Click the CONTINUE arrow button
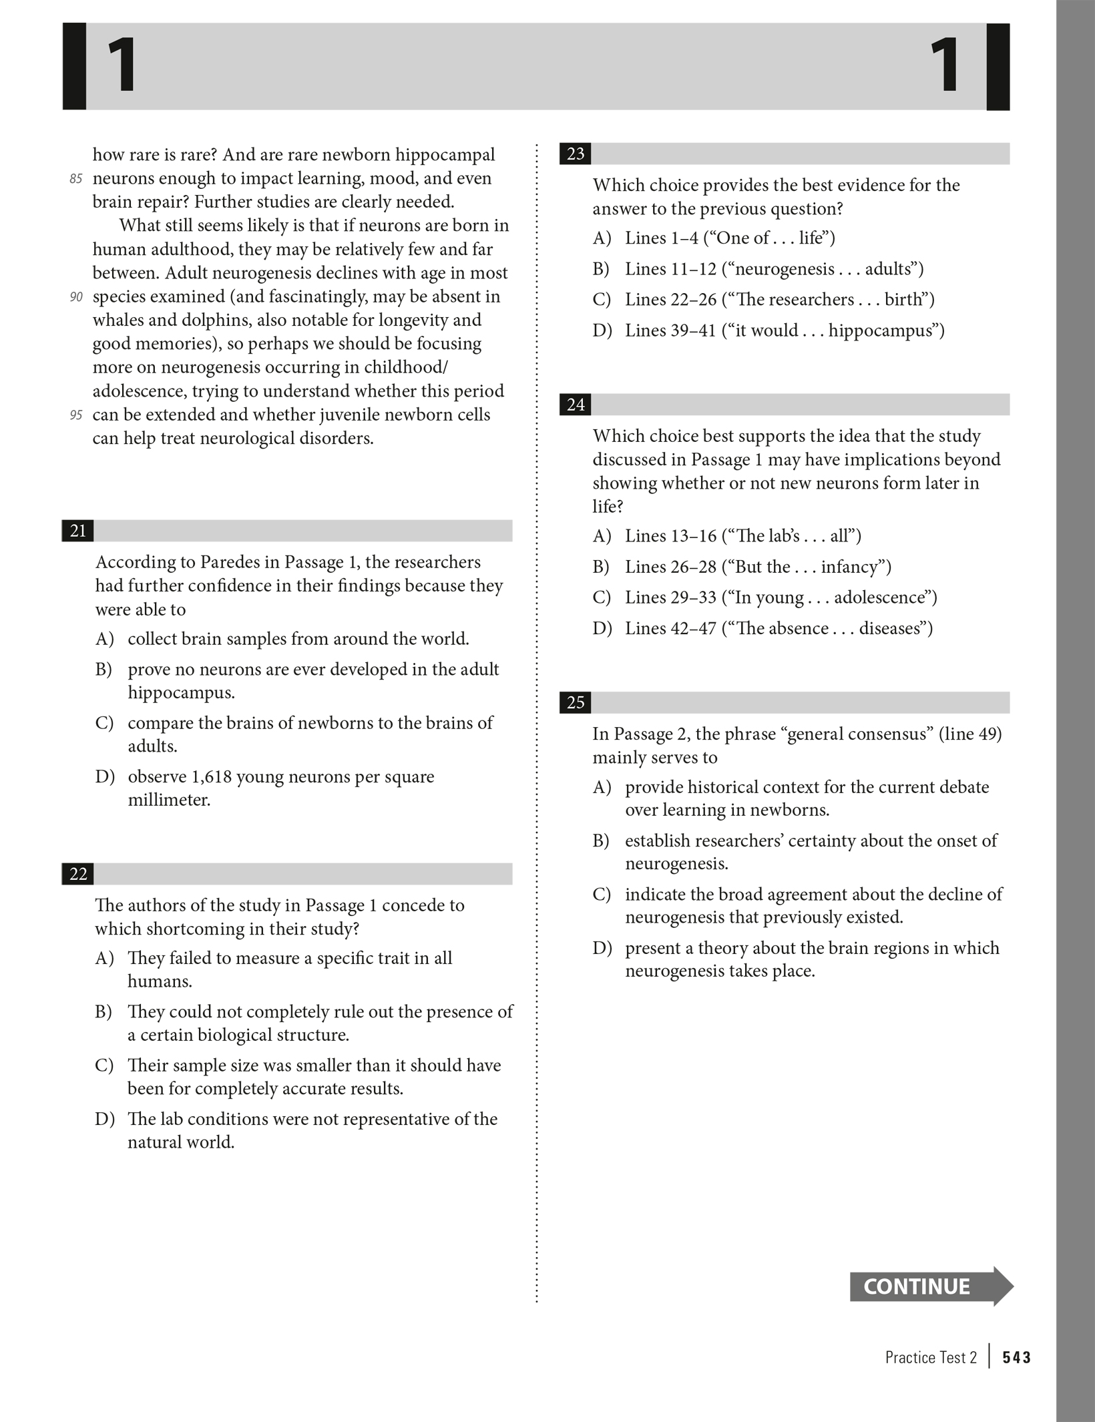pos(930,1286)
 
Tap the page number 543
pos(1016,1357)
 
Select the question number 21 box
pos(78,531)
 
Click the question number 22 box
pos(78,874)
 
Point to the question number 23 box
pos(576,154)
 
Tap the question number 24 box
pos(576,405)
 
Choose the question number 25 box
pos(576,702)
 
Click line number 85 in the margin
pos(75,179)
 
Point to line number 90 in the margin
pos(75,297)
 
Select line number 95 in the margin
pos(75,415)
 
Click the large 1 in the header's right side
pos(946,65)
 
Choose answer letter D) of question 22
pos(104,1119)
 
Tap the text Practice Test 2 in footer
pos(931,1357)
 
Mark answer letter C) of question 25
pos(602,895)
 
